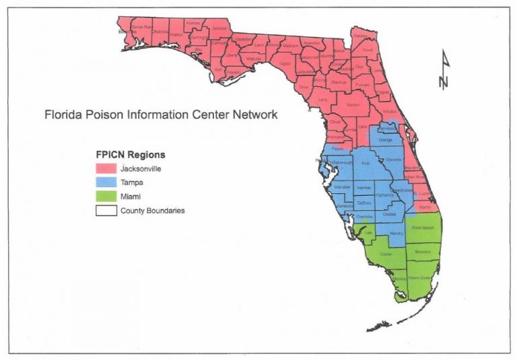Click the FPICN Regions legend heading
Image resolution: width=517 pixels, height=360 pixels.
(x=130, y=155)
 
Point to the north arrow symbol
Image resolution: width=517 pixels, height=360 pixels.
(x=443, y=70)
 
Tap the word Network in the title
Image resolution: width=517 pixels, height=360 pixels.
(x=252, y=114)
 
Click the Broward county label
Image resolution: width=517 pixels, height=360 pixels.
(x=422, y=252)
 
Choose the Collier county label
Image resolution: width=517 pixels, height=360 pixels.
(x=386, y=254)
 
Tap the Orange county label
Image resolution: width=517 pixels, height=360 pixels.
(x=384, y=141)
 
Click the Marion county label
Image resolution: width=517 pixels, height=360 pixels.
(x=353, y=106)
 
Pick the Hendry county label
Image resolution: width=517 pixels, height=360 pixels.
(x=396, y=233)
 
